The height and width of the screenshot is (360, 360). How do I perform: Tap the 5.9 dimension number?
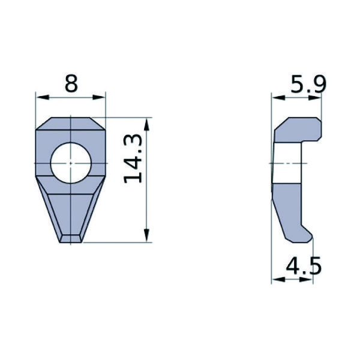click(x=307, y=84)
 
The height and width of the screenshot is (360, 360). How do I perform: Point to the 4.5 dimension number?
click(x=303, y=265)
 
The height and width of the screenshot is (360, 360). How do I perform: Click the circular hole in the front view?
click(x=71, y=163)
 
